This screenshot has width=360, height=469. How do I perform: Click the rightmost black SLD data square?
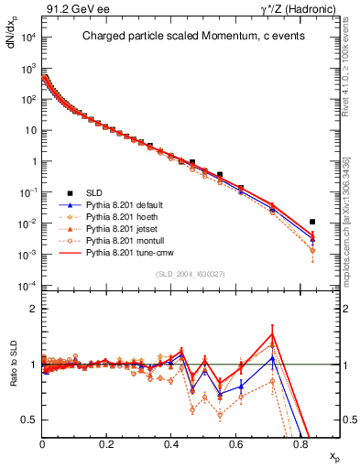(313, 222)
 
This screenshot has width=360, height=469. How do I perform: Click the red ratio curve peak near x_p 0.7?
(272, 333)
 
